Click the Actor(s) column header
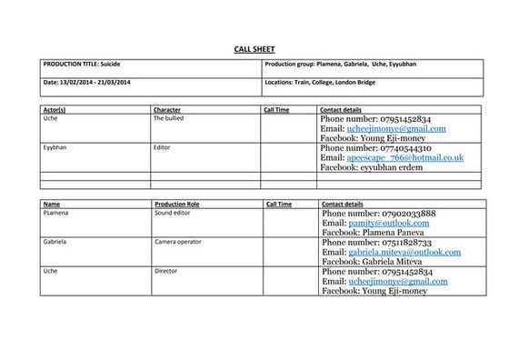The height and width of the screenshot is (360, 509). (x=55, y=110)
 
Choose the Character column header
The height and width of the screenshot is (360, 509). (x=167, y=110)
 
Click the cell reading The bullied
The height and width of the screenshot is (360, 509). (x=170, y=119)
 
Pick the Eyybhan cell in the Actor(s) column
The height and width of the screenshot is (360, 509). (x=56, y=147)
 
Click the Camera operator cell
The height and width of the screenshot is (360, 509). (x=178, y=243)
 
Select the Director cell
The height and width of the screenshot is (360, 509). (x=166, y=271)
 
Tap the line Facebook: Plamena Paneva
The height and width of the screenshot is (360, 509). (x=383, y=233)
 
